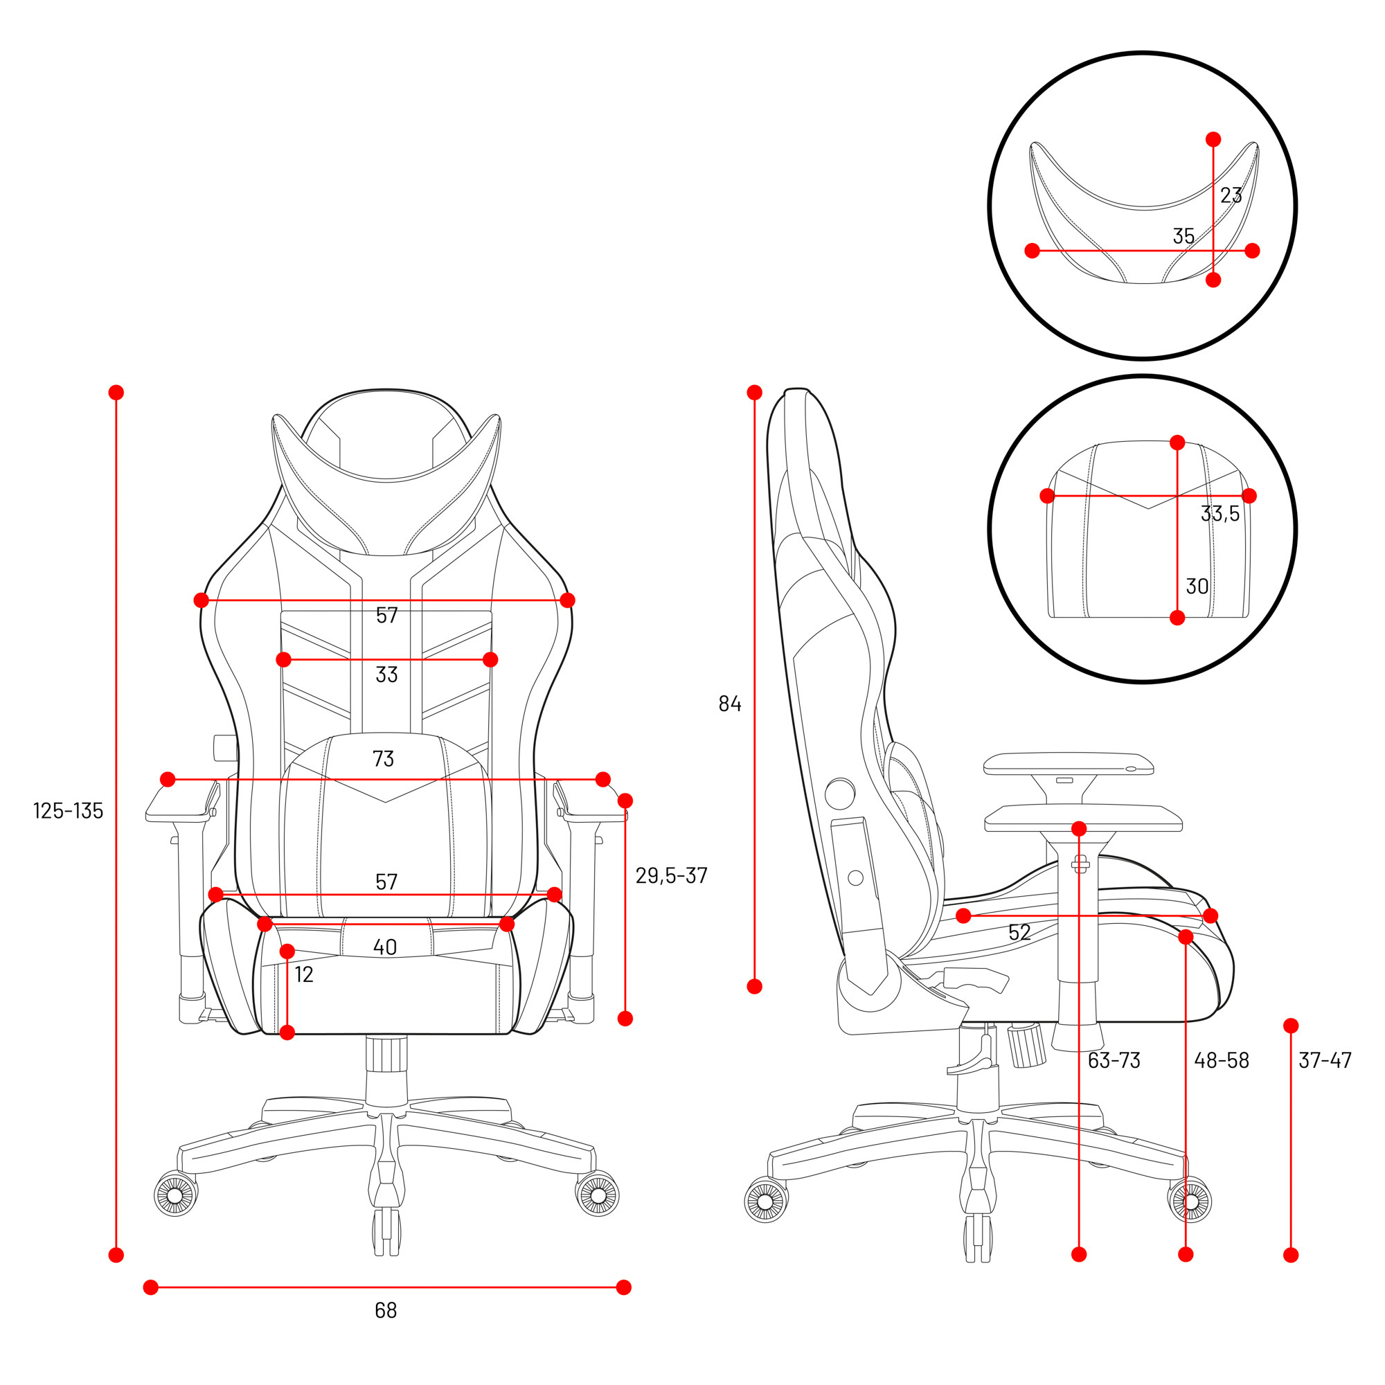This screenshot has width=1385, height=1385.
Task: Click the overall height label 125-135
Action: (x=69, y=811)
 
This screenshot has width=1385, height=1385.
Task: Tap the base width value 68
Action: (x=386, y=1310)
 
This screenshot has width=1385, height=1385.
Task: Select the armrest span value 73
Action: (x=384, y=758)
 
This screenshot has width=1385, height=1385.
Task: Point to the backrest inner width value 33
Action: (x=386, y=674)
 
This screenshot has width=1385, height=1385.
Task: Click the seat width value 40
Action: (x=385, y=948)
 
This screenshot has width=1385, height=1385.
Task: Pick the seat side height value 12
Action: (x=304, y=975)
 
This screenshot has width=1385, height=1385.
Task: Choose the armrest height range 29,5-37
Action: (x=671, y=875)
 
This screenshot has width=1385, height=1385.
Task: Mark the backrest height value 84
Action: (x=730, y=704)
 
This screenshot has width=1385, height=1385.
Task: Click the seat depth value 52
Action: (x=1019, y=933)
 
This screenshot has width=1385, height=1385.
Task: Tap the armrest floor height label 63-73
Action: (x=1114, y=1060)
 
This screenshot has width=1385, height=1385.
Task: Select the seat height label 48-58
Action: (x=1222, y=1060)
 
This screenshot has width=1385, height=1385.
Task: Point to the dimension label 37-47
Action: (x=1325, y=1060)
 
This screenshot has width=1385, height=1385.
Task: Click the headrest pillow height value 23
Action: (x=1231, y=195)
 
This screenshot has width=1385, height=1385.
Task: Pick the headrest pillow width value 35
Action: (x=1183, y=236)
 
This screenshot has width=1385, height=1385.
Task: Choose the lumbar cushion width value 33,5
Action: (x=1220, y=513)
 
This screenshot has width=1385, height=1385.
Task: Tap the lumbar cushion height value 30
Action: (x=1197, y=587)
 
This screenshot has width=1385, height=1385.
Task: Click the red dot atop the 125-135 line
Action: (x=116, y=392)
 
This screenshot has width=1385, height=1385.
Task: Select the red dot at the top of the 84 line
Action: (x=754, y=392)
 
